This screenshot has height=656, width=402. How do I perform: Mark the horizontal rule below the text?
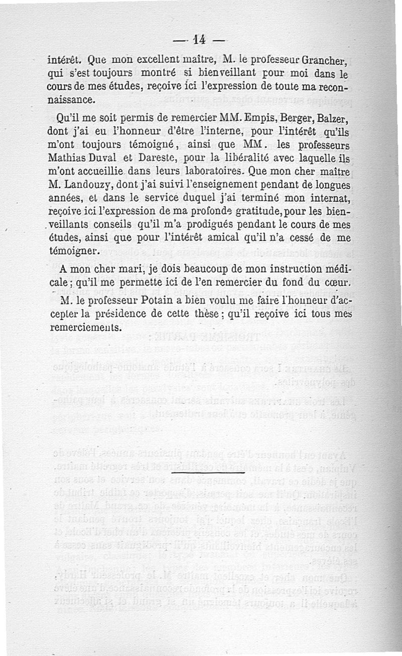pyautogui.click(x=207, y=473)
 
